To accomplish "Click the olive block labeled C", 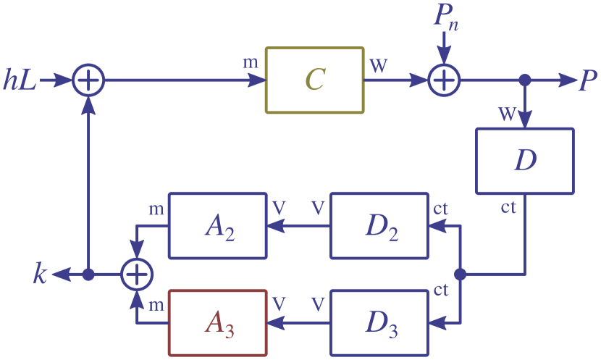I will tap(315, 80).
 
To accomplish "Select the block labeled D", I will tap(524, 161).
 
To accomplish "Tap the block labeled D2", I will tap(379, 226).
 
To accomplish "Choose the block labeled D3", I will tap(379, 322).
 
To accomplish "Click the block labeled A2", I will tap(217, 226).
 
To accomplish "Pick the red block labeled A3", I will tap(217, 322).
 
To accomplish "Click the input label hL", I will tap(20, 80).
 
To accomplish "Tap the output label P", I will tap(587, 81).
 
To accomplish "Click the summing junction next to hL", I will tap(88, 80).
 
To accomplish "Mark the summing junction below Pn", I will tap(442, 80).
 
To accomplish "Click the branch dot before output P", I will tap(525, 80).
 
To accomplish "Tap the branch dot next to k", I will tap(88, 275).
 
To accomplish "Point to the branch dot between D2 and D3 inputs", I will tap(461, 275).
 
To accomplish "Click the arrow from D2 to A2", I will tap(298, 226).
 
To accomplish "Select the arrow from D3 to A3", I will tap(298, 322).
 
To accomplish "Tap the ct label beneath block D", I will tap(508, 208).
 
